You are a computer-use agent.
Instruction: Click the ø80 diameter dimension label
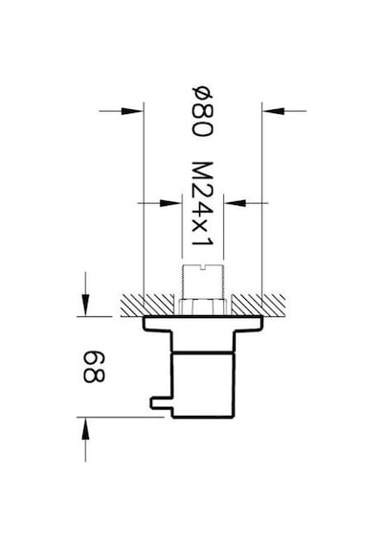click(x=202, y=111)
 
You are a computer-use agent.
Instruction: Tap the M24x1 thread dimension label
click(x=202, y=203)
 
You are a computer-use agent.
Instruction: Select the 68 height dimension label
click(x=94, y=367)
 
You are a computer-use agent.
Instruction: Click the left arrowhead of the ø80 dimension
click(x=132, y=111)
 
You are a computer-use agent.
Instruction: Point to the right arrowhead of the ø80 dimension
click(x=273, y=111)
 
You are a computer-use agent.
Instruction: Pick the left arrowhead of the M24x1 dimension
click(x=170, y=203)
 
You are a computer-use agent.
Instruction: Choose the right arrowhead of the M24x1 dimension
click(x=235, y=203)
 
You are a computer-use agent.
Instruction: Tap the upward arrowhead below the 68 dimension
click(x=85, y=427)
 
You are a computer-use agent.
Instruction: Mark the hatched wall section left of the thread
click(x=147, y=305)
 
